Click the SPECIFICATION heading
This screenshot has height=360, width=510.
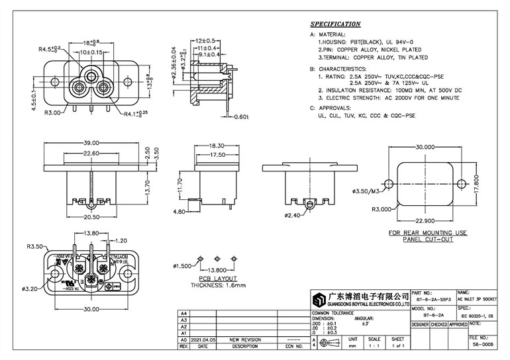point(334,23)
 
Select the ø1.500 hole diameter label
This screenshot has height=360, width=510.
point(183,266)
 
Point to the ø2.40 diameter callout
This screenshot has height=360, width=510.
point(292,216)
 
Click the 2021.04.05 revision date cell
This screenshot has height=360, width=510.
point(203,338)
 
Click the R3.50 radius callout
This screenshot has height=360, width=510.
point(35,247)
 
